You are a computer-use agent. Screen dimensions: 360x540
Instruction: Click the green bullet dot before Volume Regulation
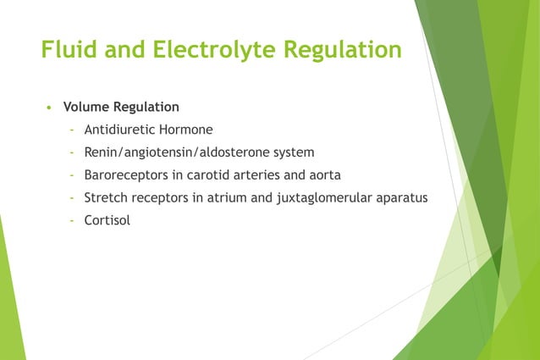(x=50, y=108)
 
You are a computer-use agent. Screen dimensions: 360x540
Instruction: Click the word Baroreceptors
(x=124, y=175)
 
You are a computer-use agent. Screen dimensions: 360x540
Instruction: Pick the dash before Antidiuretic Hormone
(x=73, y=130)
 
